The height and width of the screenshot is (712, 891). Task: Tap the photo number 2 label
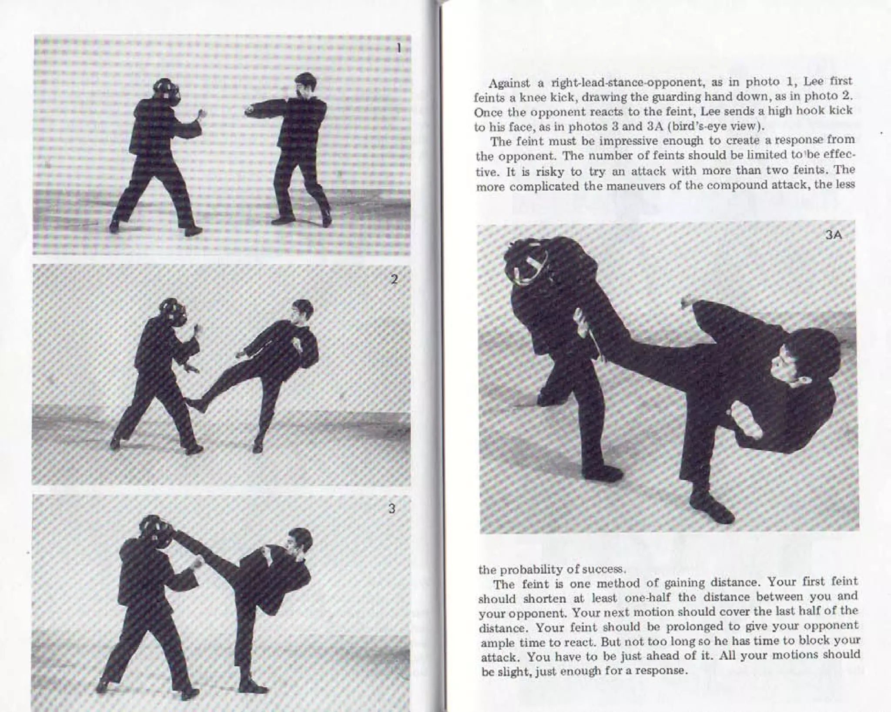(x=394, y=279)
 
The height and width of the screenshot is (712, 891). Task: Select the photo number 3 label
(x=392, y=509)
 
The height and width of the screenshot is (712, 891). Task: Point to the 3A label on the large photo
(x=833, y=236)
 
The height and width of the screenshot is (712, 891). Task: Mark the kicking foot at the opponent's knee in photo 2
(x=196, y=403)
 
